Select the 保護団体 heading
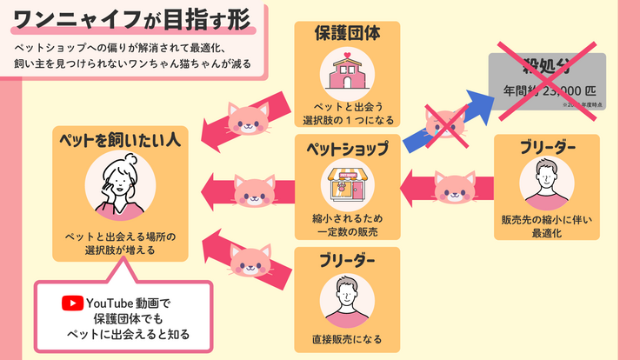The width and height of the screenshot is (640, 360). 346,34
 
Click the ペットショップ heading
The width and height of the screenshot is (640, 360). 346,149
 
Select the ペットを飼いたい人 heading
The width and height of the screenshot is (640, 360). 120,138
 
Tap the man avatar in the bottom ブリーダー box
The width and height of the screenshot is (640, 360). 346,300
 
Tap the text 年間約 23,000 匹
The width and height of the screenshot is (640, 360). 545,90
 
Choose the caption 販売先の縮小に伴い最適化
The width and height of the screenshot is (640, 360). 547,226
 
